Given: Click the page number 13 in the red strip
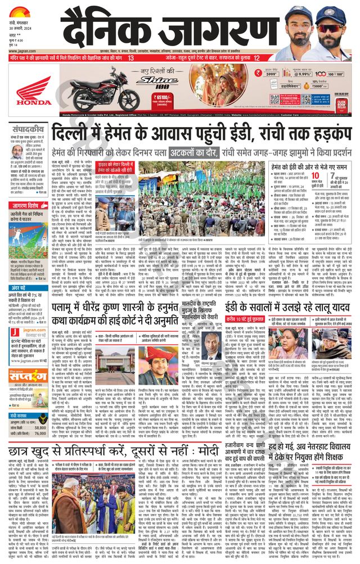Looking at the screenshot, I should (131, 58).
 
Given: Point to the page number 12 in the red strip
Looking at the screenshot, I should (256, 58).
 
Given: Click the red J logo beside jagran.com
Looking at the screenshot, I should (13, 332).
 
